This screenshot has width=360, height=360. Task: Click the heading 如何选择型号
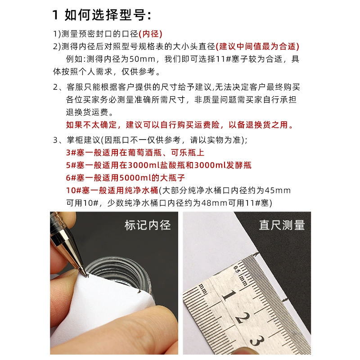pos(106,15)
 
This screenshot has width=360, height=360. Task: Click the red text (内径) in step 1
pos(150,34)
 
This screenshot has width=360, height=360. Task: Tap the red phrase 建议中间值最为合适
pos(257,47)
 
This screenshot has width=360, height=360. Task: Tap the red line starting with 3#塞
pos(135,153)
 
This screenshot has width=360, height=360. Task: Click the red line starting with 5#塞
pos(159,165)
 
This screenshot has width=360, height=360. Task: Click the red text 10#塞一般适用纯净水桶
pos(112,190)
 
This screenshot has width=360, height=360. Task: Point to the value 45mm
pos(278,190)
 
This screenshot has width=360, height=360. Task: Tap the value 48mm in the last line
pos(214,203)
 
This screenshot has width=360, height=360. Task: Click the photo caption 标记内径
pos(148,225)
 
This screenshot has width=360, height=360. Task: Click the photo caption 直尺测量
pos(282,225)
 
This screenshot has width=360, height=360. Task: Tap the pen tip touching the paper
pos(87,275)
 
